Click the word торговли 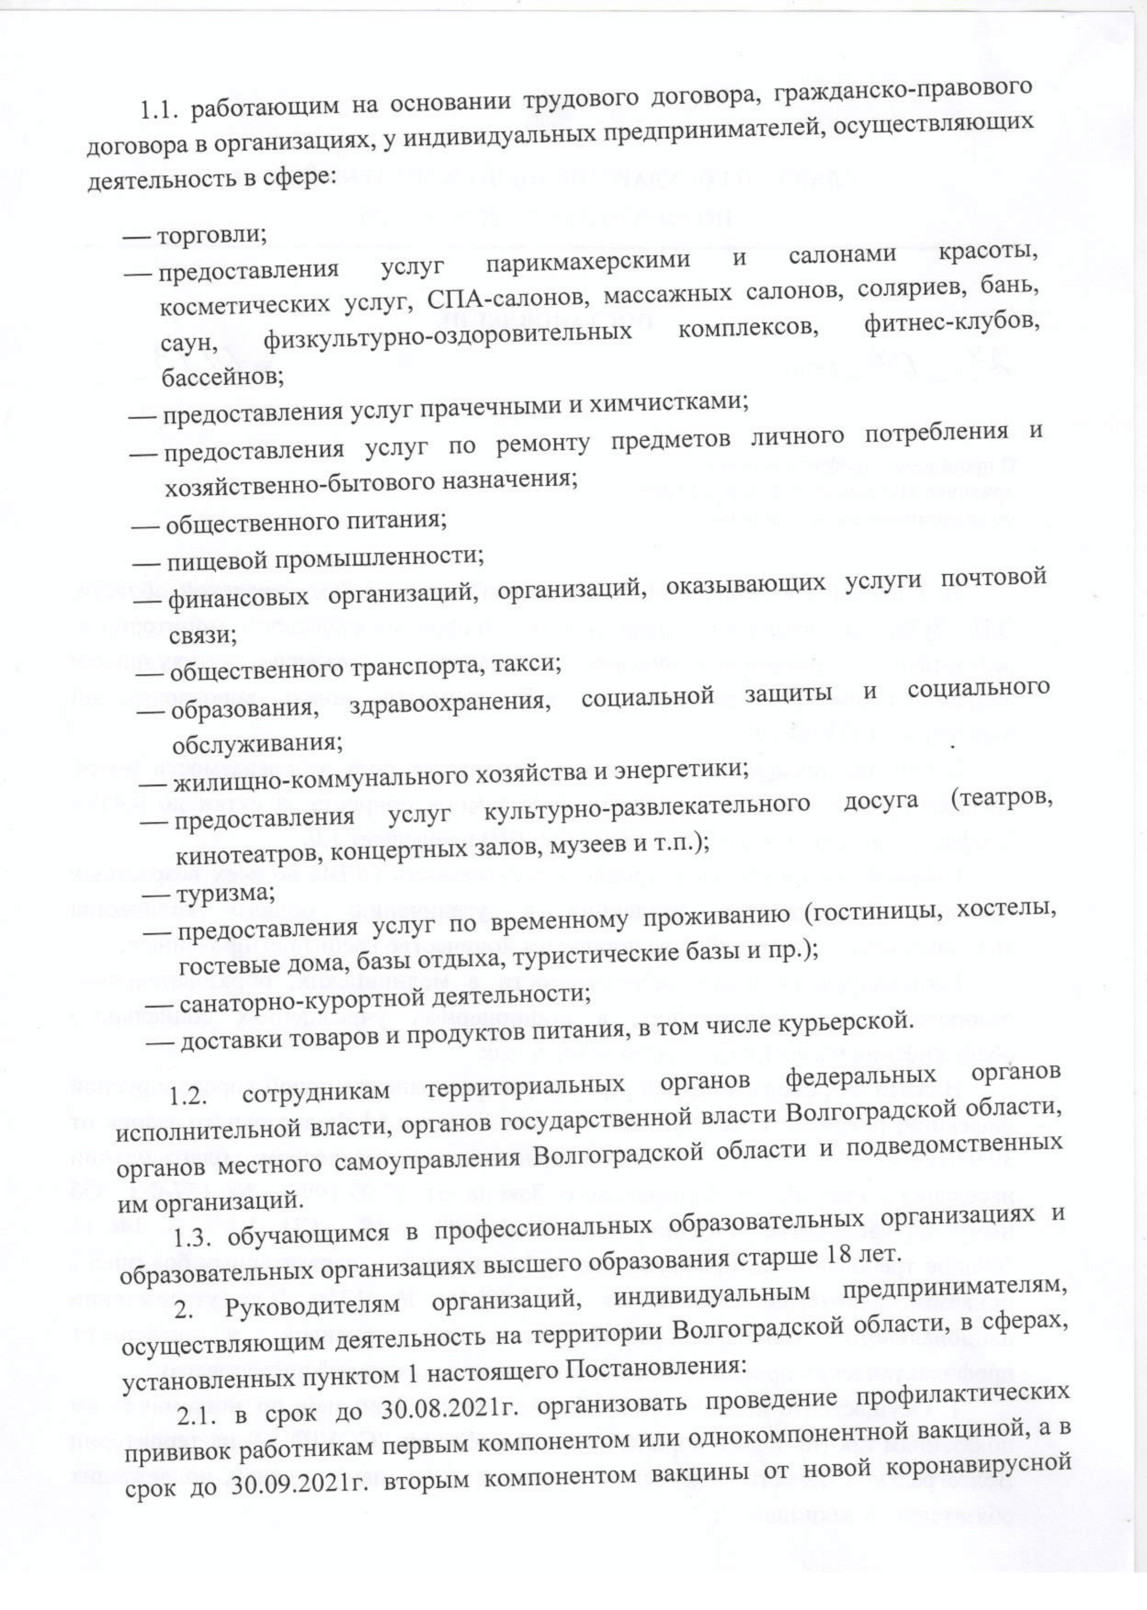click(209, 234)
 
